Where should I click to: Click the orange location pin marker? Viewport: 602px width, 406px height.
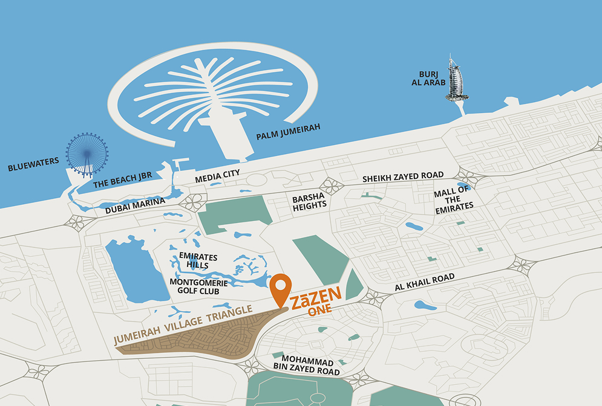(x=280, y=288)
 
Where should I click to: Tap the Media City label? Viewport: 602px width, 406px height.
(x=217, y=176)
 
